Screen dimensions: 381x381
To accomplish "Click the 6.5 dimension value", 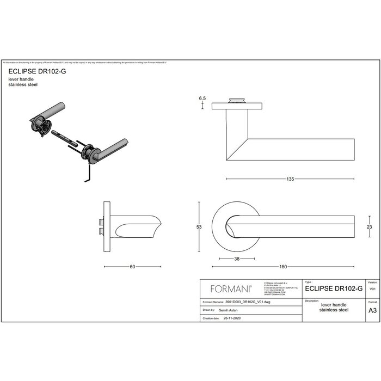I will tap(202, 98).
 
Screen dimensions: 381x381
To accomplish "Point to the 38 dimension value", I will tap(236, 259).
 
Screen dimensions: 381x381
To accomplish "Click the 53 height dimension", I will tap(199, 226).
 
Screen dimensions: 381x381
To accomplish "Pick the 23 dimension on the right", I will tap(369, 226).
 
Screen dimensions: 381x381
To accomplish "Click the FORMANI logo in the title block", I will tap(228, 288).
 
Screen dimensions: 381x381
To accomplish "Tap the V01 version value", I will tap(372, 290).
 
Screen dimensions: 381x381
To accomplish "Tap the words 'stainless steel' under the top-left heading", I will tap(23, 85).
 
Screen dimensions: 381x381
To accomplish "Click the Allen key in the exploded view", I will tap(86, 174).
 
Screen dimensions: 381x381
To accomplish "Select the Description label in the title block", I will tap(312, 300).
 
